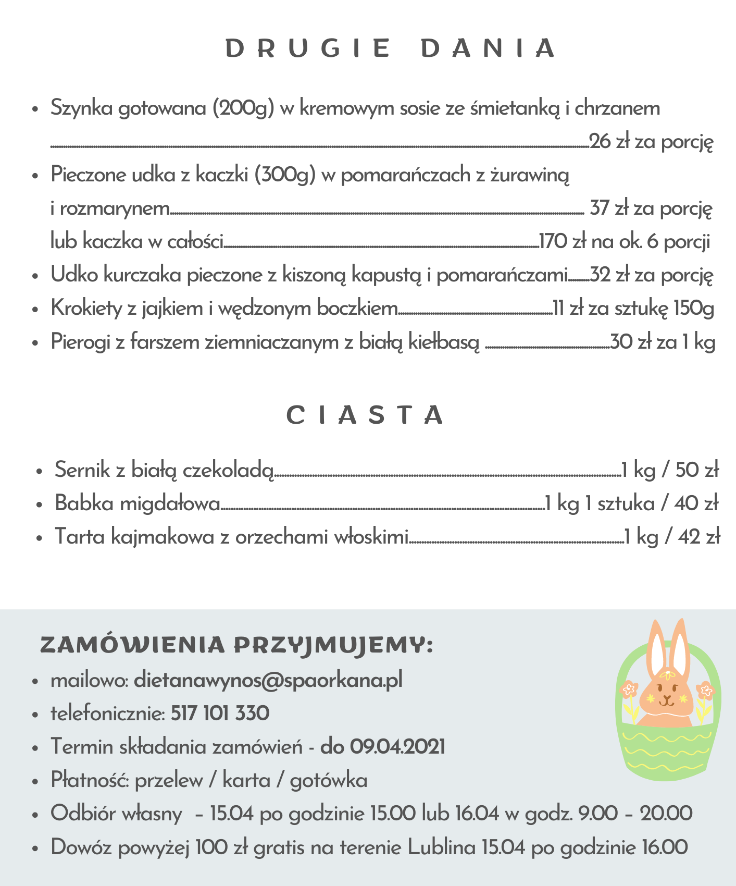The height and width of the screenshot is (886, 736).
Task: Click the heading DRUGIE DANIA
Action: [391, 48]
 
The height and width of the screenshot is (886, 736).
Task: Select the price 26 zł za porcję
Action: [651, 142]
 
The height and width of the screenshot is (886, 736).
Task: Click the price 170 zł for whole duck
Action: [562, 242]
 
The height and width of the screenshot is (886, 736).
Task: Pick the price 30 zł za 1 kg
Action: [663, 342]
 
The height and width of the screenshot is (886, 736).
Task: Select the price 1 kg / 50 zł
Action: [670, 470]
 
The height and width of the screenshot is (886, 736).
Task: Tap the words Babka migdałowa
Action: [138, 503]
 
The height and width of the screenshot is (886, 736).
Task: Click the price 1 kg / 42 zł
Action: [672, 537]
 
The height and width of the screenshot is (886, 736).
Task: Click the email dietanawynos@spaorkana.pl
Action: [268, 680]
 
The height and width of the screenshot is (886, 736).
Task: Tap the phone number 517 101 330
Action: [220, 713]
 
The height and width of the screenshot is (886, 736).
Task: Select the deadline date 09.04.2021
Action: [397, 747]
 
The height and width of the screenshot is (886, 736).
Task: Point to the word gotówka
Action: [329, 781]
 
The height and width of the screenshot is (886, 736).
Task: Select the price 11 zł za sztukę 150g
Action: [633, 309]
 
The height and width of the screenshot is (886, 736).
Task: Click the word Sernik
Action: [82, 470]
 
